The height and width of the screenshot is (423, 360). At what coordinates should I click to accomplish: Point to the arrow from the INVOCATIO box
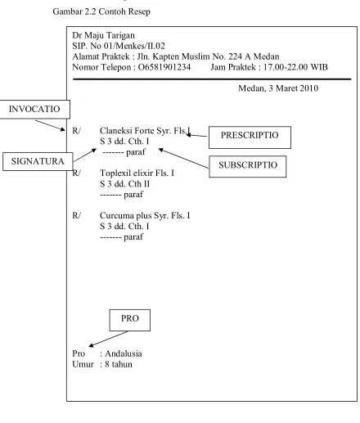(x=50, y=125)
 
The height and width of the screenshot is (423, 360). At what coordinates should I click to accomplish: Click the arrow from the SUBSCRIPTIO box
(x=183, y=158)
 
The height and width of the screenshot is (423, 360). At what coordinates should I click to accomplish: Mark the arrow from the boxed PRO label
(x=108, y=339)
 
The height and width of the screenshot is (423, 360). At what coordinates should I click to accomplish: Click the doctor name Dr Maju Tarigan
(x=103, y=35)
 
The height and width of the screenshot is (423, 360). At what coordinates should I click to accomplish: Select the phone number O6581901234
(x=164, y=67)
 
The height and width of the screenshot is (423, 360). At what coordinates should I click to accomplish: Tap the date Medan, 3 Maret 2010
(x=278, y=88)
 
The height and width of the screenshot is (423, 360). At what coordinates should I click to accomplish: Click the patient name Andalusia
(x=124, y=353)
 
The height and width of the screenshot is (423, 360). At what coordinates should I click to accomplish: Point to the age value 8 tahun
(x=119, y=364)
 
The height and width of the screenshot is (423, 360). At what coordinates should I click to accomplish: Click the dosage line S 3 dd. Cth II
(x=124, y=184)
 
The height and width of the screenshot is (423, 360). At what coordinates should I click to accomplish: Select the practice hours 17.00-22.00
(x=286, y=67)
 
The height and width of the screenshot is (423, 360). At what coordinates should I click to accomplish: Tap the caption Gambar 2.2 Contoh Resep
(x=101, y=11)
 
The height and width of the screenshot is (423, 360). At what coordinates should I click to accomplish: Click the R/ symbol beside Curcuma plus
(x=76, y=216)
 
